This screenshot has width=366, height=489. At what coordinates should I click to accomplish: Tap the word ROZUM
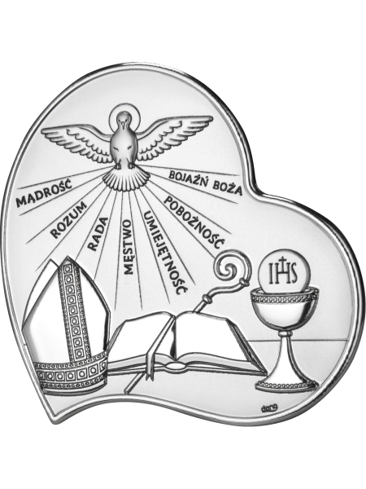[68, 219]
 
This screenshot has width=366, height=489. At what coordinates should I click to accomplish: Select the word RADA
[98, 235]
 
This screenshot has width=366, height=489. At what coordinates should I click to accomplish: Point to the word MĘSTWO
[129, 247]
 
